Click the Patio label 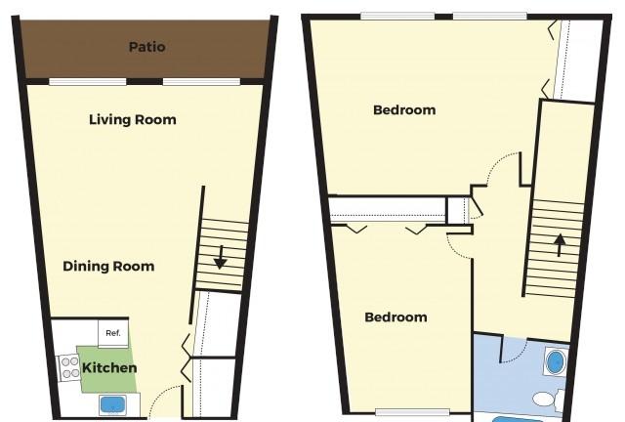click(147, 47)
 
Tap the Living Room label click(133, 119)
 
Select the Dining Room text click(108, 266)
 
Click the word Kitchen click(109, 367)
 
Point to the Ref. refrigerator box click(113, 333)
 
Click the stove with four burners click(69, 367)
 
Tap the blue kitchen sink click(113, 404)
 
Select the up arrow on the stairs click(560, 244)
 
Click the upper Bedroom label click(404, 110)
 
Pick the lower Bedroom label click(396, 317)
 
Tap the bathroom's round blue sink click(555, 362)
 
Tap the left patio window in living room click(88, 82)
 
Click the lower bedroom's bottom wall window click(412, 412)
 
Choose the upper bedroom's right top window click(490, 17)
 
